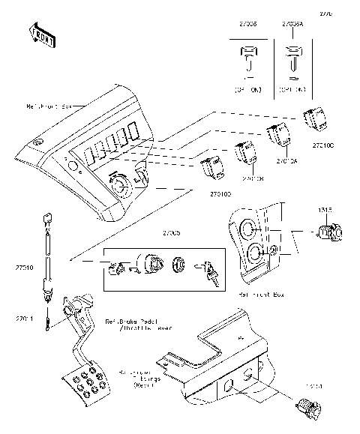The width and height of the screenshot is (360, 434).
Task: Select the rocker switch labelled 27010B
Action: pyautogui.click(x=245, y=153)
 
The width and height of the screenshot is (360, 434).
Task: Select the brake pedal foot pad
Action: pyautogui.click(x=88, y=382)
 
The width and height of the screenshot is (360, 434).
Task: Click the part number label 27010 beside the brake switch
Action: pyautogui.click(x=24, y=265)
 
